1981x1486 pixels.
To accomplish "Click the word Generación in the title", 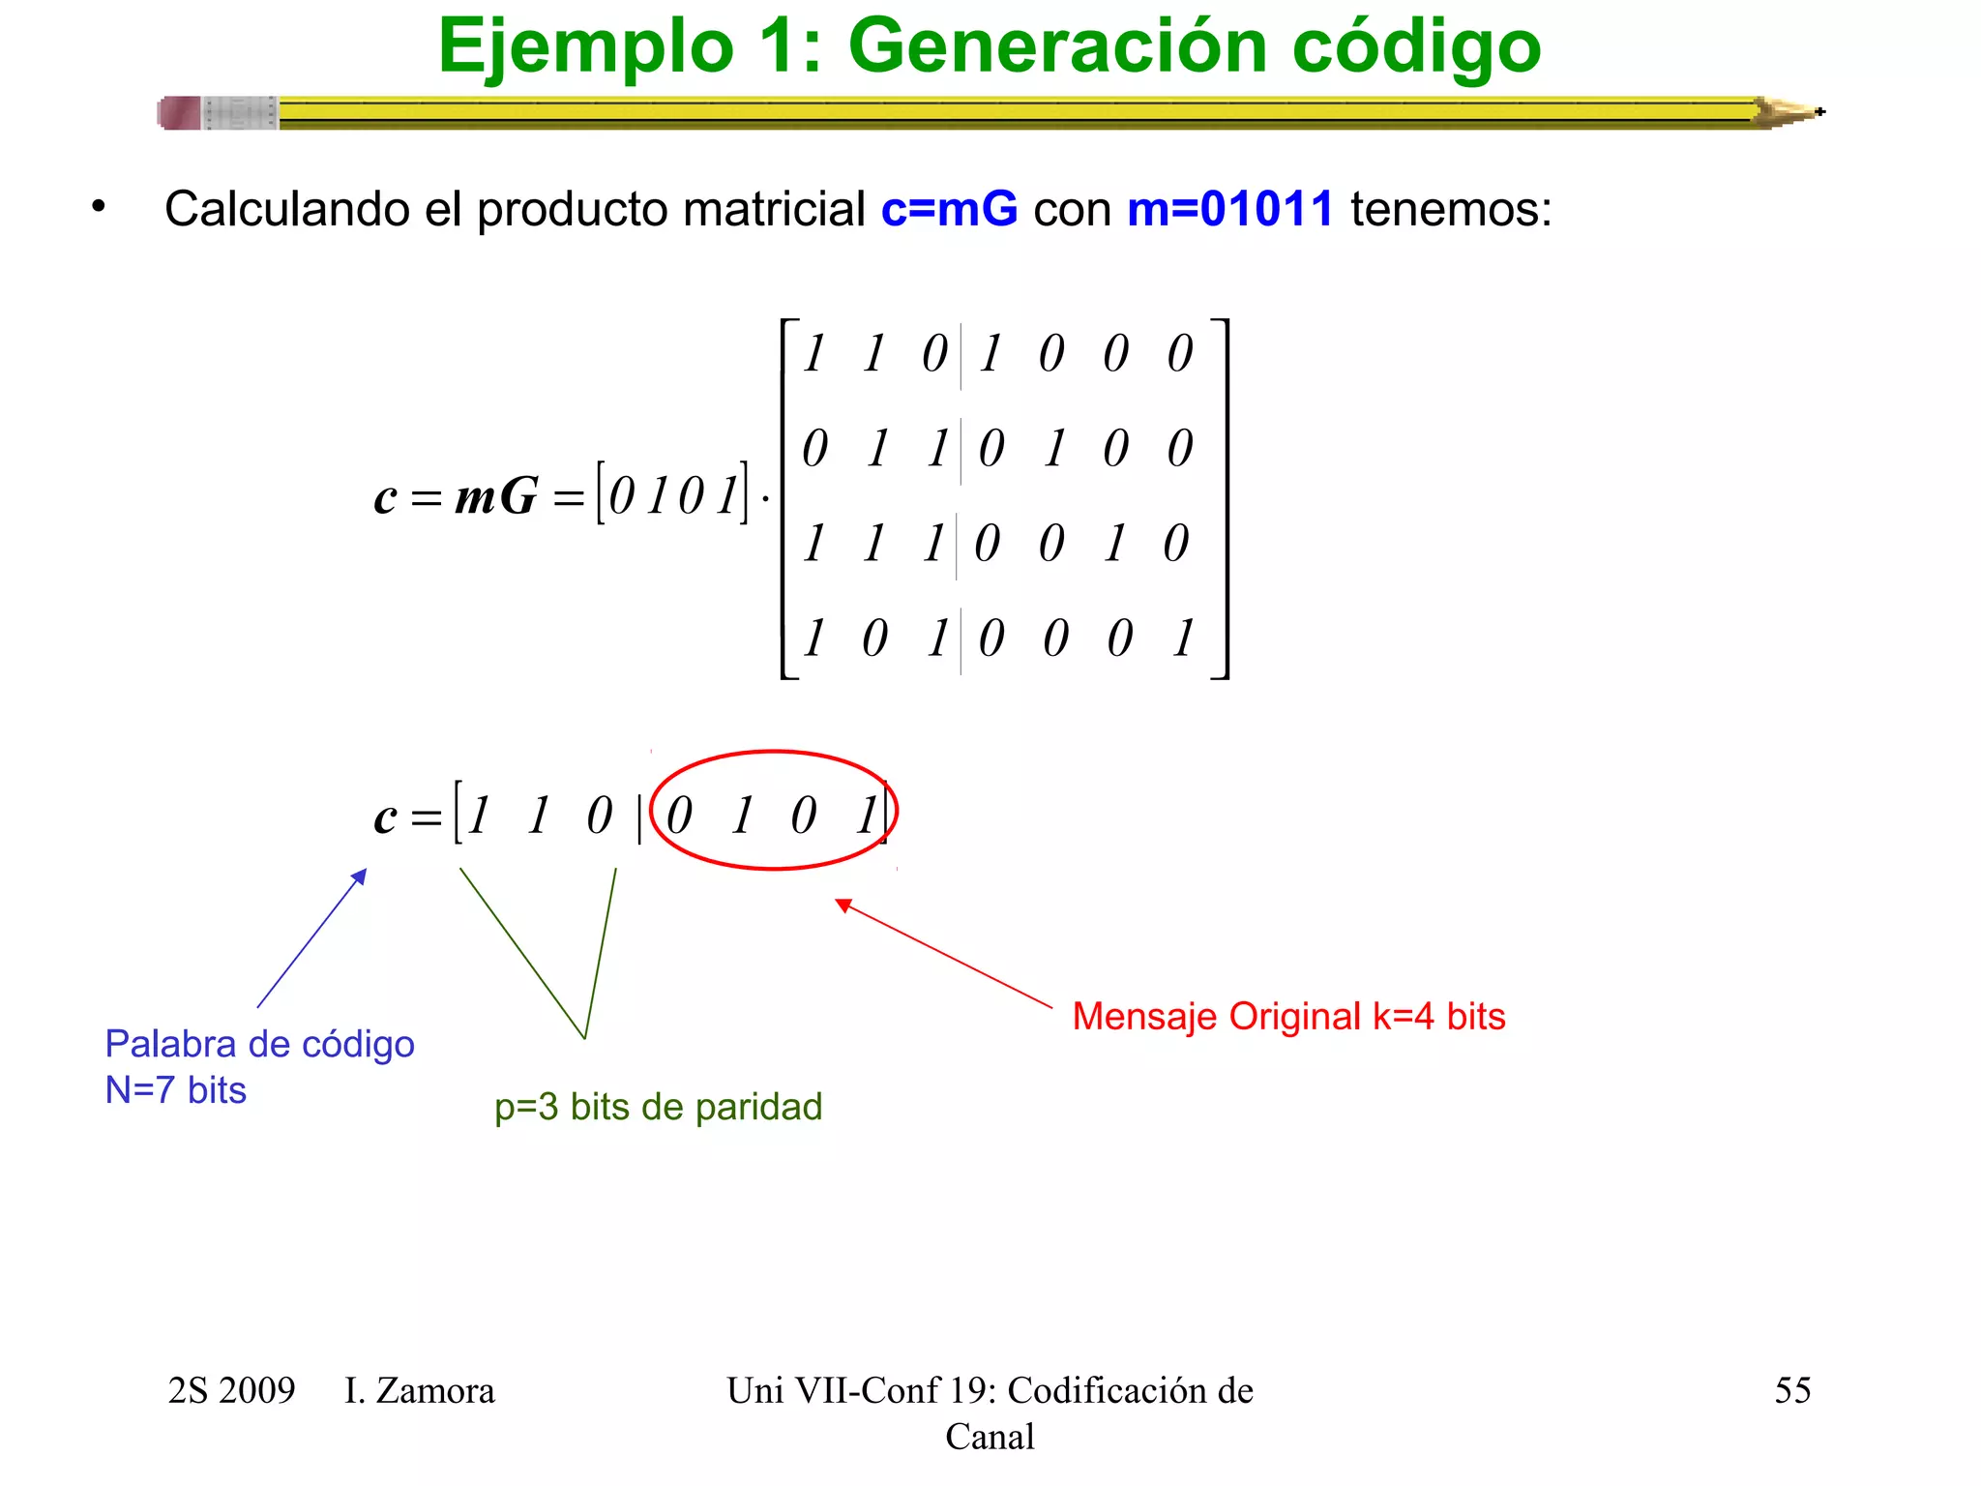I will coord(1057,46).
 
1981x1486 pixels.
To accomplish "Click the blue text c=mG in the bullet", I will coord(949,209).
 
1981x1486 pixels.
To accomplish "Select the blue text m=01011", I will coord(1230,209).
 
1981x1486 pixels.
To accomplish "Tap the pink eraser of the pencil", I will coord(180,113).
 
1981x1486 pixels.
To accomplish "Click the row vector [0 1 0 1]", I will coord(672,493).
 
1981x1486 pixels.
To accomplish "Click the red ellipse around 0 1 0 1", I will coord(774,753).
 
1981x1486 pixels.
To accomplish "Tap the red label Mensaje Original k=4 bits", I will coord(1288,1017).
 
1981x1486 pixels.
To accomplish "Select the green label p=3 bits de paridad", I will coord(658,1107).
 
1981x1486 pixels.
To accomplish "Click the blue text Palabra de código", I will coord(259,1045).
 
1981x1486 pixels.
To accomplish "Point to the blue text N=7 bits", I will coord(175,1090).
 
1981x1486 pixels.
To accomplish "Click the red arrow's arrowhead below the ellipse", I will coord(843,906).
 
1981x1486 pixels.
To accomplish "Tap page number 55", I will coord(1792,1390).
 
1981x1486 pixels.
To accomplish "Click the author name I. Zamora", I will coord(419,1391).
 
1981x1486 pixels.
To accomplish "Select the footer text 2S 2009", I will coord(231,1391).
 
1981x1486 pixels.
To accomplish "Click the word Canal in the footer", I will coord(990,1437).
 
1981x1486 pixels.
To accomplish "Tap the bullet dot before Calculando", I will coord(98,205).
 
